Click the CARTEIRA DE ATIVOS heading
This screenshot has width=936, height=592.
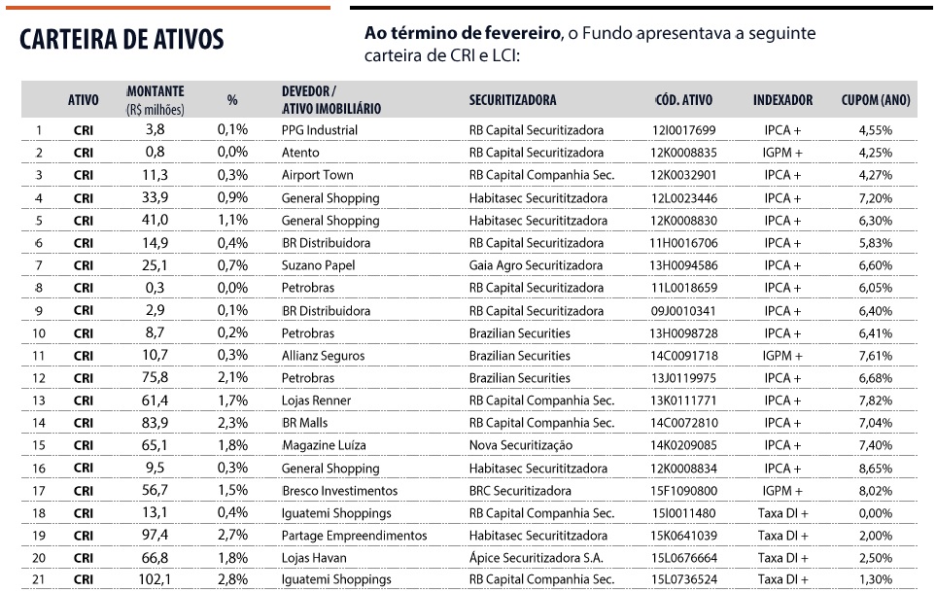[x=121, y=39]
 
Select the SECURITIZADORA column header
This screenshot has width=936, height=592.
[x=512, y=99]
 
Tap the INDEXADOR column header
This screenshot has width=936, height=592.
[x=782, y=99]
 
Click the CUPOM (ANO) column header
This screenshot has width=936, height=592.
[x=875, y=99]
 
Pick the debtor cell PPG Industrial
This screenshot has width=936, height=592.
[x=319, y=130]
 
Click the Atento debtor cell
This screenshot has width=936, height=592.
[x=299, y=153]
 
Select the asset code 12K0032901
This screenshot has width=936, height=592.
[x=683, y=175]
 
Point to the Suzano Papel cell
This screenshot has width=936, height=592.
[x=318, y=265]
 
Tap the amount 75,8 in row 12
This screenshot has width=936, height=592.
[x=155, y=378]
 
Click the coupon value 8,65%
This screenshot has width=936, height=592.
[x=875, y=469]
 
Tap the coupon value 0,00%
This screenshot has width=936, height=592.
[x=875, y=513]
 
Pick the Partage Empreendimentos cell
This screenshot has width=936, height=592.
[x=354, y=536]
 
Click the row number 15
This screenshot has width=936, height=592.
[x=39, y=446]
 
